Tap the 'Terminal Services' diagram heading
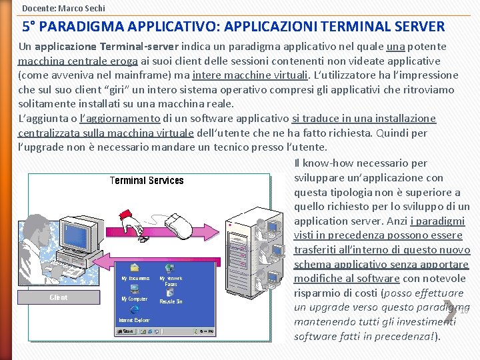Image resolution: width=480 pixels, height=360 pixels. (x=147, y=181)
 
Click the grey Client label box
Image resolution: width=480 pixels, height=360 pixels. (x=59, y=297)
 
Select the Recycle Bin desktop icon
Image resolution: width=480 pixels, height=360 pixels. (x=171, y=294)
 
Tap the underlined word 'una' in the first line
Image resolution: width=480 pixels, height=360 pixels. (x=396, y=46)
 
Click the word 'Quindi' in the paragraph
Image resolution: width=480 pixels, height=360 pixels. (x=394, y=133)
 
